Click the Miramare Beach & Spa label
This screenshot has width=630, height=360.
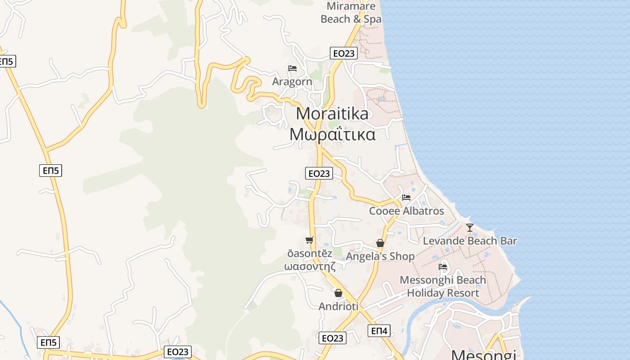tap(351, 13)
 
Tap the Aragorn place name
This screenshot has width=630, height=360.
tap(292, 82)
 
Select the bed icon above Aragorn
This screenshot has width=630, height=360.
tap(292, 68)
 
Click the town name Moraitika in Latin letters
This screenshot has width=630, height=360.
tap(332, 113)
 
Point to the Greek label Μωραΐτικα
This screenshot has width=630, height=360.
tap(332, 134)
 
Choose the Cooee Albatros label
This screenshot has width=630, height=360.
tap(406, 211)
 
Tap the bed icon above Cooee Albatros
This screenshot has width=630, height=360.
tap(406, 197)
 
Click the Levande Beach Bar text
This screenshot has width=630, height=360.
tap(470, 241)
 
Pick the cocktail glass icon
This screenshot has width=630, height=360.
tap(470, 228)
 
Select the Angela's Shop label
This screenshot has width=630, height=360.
tap(380, 256)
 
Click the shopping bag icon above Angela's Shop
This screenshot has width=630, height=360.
tap(380, 243)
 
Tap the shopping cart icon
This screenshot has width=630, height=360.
tap(309, 240)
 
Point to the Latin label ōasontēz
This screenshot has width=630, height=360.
tap(310, 253)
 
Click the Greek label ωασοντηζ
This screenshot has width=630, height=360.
tap(310, 266)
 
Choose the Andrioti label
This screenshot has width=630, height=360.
tap(338, 306)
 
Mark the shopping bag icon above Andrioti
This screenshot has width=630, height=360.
tap(338, 293)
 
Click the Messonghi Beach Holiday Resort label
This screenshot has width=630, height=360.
tap(443, 287)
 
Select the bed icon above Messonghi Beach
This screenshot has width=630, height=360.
tap(443, 266)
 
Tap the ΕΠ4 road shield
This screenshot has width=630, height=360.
tap(378, 331)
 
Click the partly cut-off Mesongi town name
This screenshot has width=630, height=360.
tap(483, 355)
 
